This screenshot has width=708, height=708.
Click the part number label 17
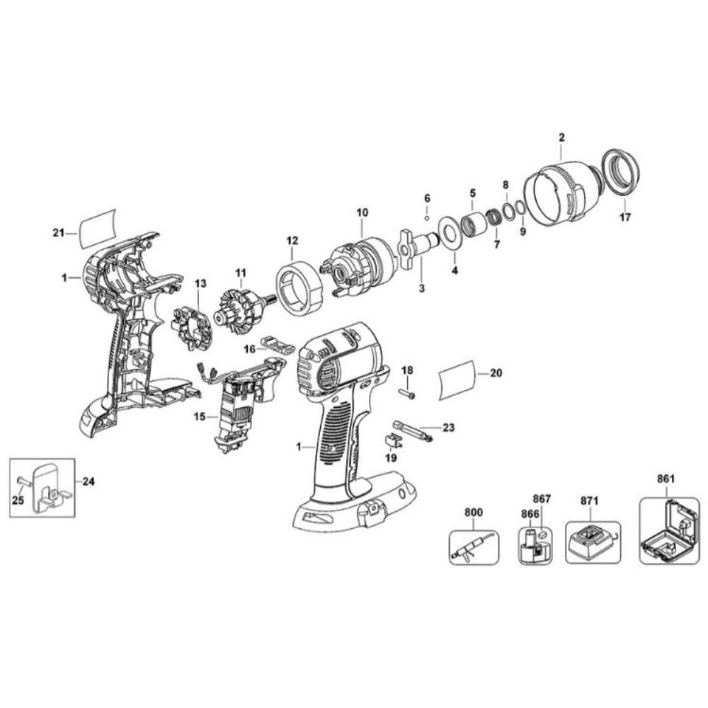pos(624,217)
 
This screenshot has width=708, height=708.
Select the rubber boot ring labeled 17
pos(621,173)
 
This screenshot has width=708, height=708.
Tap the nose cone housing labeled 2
pos(559,195)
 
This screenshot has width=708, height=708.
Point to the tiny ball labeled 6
pos(428,217)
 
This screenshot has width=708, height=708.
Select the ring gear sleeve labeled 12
pos(298,286)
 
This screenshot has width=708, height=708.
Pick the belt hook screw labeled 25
pos(22,481)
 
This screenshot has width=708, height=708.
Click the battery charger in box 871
pos(590,542)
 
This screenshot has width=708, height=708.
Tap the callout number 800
pos(473,512)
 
